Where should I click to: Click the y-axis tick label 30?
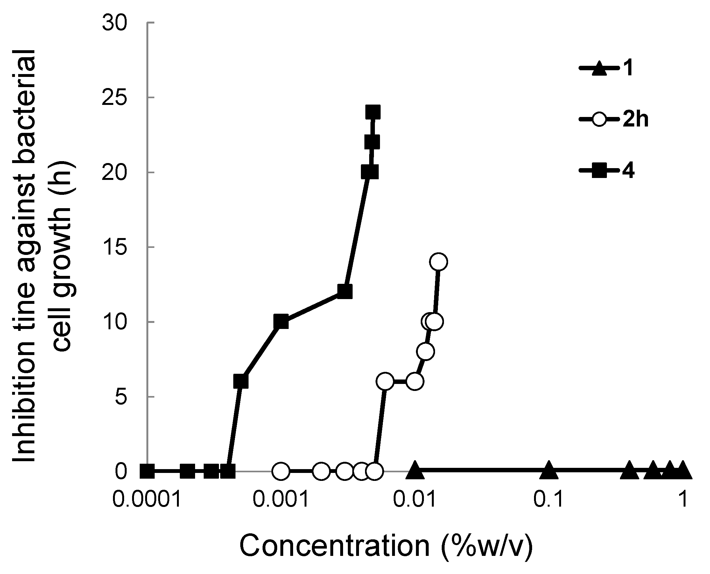pyautogui.click(x=115, y=24)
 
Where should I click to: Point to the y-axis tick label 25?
pyautogui.click(x=115, y=98)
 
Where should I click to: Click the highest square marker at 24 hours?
pyautogui.click(x=373, y=113)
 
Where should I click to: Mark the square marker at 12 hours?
pyautogui.click(x=345, y=292)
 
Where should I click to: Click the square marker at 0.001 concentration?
pyautogui.click(x=281, y=322)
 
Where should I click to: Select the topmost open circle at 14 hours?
pyautogui.click(x=439, y=262)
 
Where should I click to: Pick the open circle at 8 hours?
pyautogui.click(x=426, y=352)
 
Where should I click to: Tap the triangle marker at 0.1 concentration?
pyautogui.click(x=549, y=470)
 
